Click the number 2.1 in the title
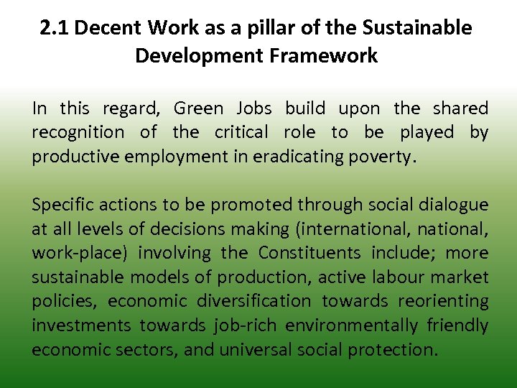click(x=54, y=28)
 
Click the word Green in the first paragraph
click(x=198, y=108)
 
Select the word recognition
click(x=78, y=133)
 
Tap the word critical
click(x=241, y=133)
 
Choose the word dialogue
click(x=449, y=205)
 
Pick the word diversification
click(x=260, y=301)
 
